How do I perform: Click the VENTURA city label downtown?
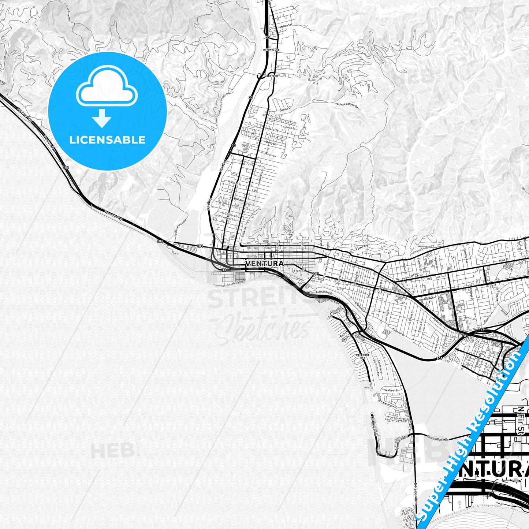[x=265, y=264]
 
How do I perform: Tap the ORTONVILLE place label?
[x=271, y=49]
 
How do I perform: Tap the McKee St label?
[x=285, y=27]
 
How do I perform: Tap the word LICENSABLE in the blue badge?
[x=107, y=140]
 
